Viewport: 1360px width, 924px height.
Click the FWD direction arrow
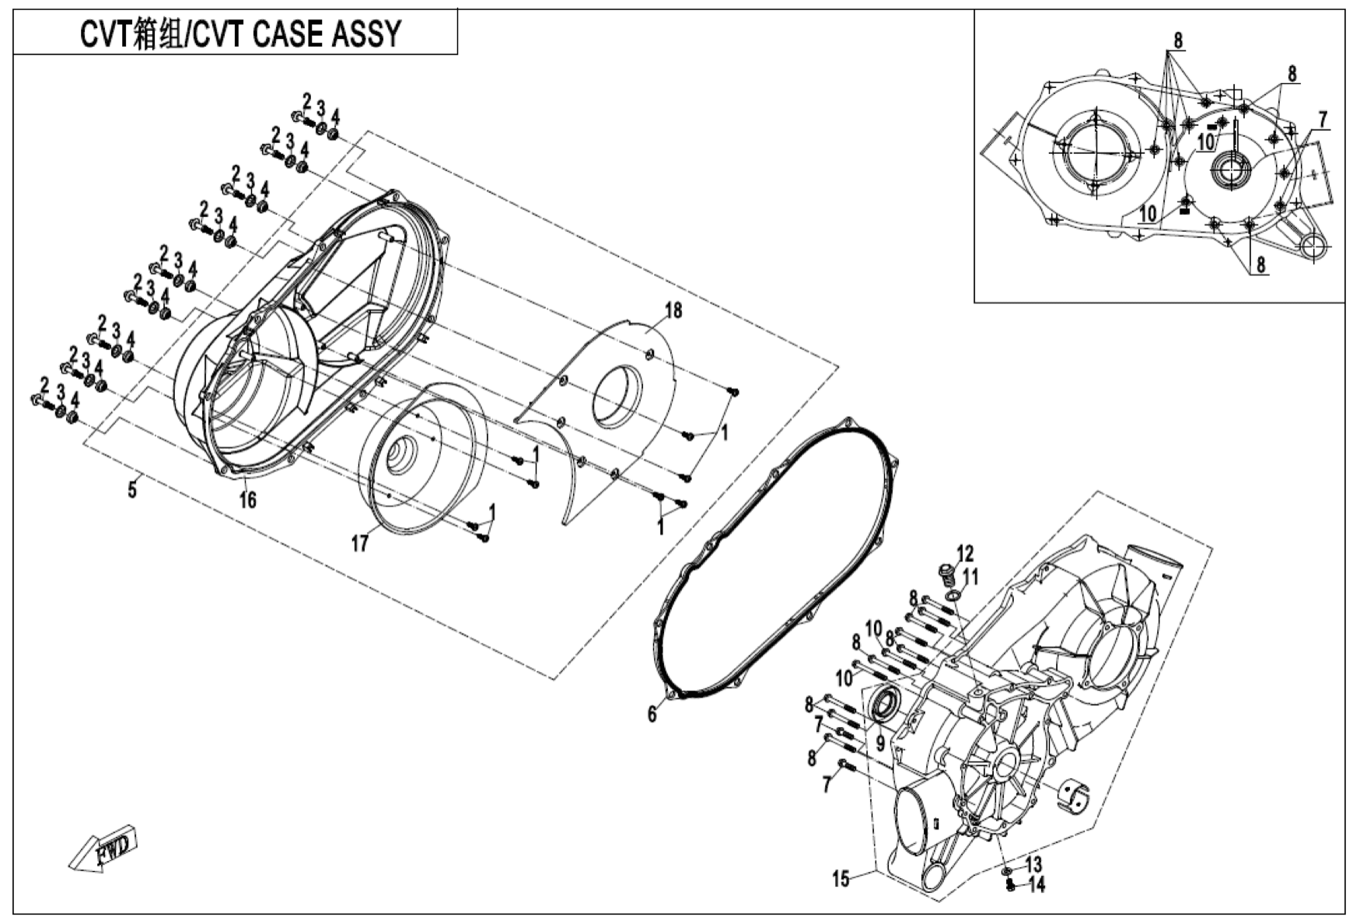pos(103,852)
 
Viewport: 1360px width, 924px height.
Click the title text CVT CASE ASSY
pos(298,34)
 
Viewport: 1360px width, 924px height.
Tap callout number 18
pos(673,310)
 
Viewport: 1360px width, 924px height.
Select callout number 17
pos(359,543)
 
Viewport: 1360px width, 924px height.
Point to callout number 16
pos(247,499)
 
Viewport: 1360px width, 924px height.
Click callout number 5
pos(132,490)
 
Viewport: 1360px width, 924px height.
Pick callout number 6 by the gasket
pos(652,712)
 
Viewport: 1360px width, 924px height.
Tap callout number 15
pos(841,879)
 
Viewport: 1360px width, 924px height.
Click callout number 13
pos(1033,864)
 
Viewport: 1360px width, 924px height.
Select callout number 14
pos(1037,884)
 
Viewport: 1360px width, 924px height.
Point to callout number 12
pos(965,554)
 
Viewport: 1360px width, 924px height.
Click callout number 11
pos(970,576)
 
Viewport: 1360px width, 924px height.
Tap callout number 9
pos(880,744)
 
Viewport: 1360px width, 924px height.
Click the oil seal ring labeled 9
pos(884,703)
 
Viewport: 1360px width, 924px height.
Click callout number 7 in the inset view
pos(1322,120)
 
